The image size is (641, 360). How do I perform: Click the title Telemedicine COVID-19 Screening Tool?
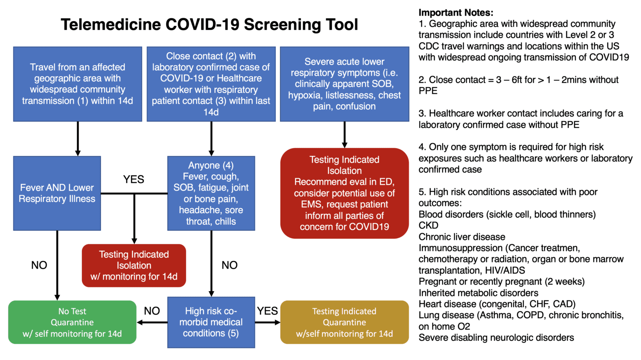[209, 25]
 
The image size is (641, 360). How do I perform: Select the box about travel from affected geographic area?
[78, 84]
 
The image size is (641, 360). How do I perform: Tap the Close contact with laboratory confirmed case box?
[211, 84]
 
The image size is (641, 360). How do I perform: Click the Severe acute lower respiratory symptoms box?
[344, 84]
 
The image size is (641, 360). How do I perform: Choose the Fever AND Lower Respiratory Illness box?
[57, 193]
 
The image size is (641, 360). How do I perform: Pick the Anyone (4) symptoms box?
[211, 193]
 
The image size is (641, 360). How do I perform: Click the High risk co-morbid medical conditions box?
[211, 322]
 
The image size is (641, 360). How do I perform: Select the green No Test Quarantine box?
[72, 322]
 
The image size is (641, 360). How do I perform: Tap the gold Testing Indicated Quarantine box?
[344, 322]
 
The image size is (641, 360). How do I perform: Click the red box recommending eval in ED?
[344, 193]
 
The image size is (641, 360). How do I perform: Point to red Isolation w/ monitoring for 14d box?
[134, 265]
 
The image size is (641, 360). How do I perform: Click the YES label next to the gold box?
[267, 311]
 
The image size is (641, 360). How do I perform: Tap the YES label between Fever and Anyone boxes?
[134, 179]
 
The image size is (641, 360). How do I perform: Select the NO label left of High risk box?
[152, 311]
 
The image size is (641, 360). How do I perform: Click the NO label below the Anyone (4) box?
[230, 265]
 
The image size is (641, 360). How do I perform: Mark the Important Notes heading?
[456, 13]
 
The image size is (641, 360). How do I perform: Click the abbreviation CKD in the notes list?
[429, 226]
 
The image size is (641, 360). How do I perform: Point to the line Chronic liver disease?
[462, 237]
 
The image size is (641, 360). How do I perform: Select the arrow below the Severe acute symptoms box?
[344, 135]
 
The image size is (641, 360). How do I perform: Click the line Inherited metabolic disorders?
[478, 293]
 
